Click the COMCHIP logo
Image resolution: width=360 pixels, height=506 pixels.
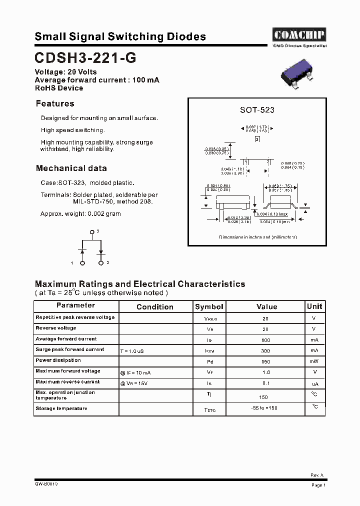point(299,35)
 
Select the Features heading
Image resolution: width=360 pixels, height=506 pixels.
point(55,103)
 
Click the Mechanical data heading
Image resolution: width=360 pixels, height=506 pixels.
point(71,168)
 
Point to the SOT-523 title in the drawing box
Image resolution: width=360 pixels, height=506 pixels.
point(257,110)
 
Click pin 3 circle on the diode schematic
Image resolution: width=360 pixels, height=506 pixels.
point(92,232)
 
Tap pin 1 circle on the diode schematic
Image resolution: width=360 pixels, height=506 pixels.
point(83,262)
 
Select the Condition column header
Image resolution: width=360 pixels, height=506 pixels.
point(155,306)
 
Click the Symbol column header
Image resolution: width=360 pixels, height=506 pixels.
point(209,306)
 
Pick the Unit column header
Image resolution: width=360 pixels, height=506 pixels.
point(314,306)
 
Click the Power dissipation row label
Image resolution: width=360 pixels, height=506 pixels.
point(58,360)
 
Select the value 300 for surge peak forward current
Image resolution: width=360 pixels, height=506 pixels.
point(265,351)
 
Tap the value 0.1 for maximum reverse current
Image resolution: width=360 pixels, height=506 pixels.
point(266,383)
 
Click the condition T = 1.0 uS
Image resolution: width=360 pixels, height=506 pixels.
point(132,351)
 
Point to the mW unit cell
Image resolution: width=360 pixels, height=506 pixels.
point(314,361)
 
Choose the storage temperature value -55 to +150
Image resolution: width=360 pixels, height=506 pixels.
point(264,408)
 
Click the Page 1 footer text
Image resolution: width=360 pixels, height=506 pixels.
point(318,485)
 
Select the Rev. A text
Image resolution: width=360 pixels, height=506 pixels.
point(317,475)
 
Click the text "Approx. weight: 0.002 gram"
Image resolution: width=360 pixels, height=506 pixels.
point(80,214)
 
